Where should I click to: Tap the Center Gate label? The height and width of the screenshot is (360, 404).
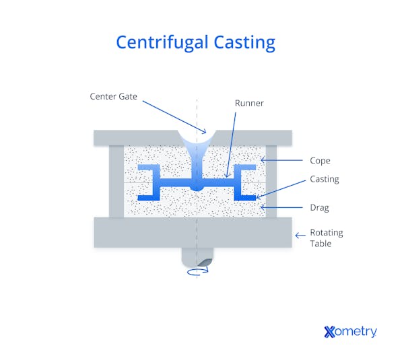tap(113, 96)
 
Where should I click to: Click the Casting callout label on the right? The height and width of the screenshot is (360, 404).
tap(325, 179)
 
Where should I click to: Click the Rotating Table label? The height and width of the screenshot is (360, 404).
tap(327, 238)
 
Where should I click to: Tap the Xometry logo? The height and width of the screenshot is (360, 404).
tap(350, 331)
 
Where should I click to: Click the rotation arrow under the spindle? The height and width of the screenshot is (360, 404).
tap(198, 271)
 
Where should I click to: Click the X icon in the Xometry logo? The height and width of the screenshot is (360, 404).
tap(329, 332)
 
